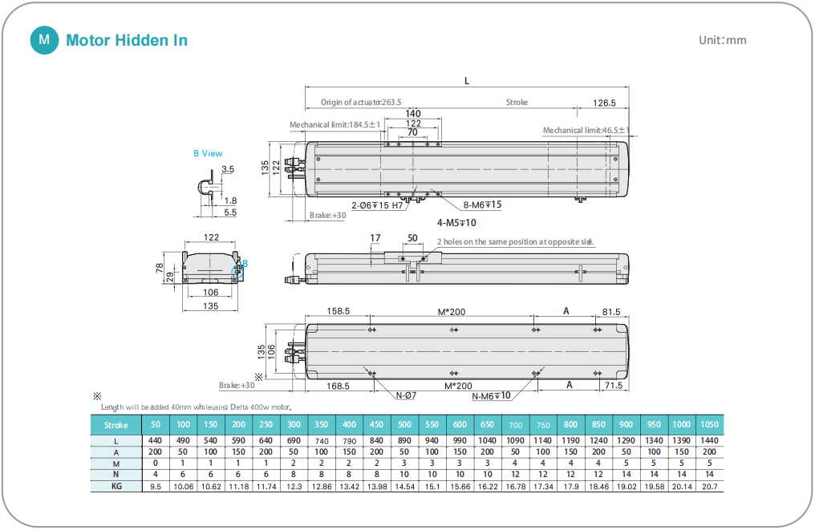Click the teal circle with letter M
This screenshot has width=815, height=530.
point(44,40)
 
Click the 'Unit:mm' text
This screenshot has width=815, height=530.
point(723,40)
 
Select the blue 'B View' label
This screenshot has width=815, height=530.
point(208,153)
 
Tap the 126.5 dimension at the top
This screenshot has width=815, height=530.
point(604,103)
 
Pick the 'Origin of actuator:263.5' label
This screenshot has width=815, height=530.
point(361,103)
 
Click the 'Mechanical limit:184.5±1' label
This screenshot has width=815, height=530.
point(335,125)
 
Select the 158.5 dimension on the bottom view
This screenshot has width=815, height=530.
point(338,311)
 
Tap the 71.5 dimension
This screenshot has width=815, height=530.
point(614,386)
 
